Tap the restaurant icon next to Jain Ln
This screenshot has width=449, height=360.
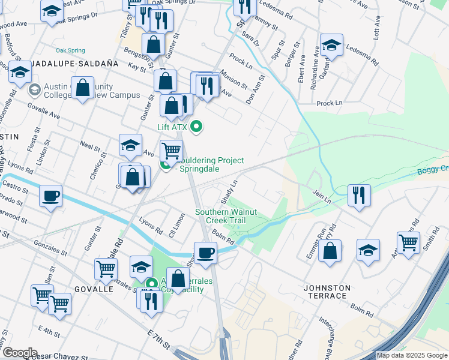click(359, 194)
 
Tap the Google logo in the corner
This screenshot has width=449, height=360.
click(19, 353)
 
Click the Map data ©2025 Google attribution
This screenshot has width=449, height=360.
click(412, 356)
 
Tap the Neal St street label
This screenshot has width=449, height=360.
click(89, 146)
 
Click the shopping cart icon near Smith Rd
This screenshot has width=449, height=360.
click(408, 243)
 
